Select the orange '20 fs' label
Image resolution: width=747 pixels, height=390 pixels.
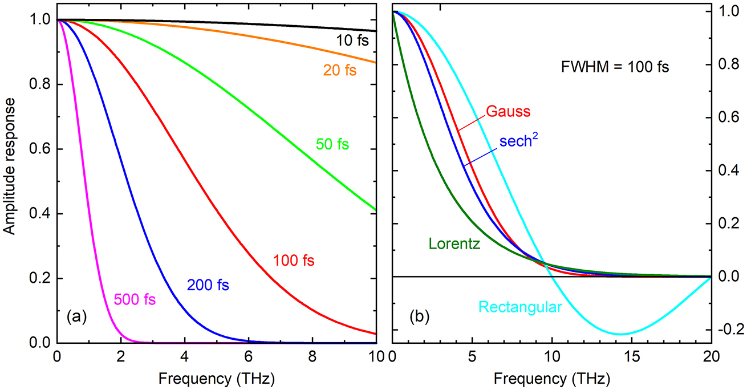coord(331,71)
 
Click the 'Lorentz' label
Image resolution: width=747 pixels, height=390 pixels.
coord(454,245)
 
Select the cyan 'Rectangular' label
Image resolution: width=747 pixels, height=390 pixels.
coord(520,307)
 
